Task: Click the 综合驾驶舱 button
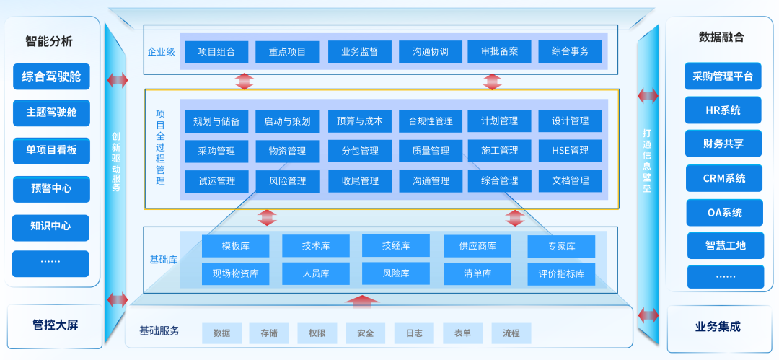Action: pos(50,76)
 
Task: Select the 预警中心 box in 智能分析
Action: pos(50,189)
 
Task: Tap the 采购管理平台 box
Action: pos(723,76)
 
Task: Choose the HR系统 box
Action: pos(723,110)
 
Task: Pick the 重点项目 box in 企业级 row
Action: pos(287,52)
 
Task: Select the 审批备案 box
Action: pos(499,52)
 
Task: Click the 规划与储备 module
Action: pos(216,121)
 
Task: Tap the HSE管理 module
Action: pos(570,151)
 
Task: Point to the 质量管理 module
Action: pos(431,151)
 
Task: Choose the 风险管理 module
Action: pos(287,181)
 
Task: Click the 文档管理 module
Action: pos(570,181)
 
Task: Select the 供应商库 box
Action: pos(477,246)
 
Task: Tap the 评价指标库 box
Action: pos(561,273)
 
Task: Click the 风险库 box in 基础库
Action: pos(395,273)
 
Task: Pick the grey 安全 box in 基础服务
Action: pos(365,333)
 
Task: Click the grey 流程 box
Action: pos(511,333)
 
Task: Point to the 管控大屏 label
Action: pos(55,325)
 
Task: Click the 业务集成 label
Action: pos(718,326)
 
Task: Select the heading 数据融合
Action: pos(721,38)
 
